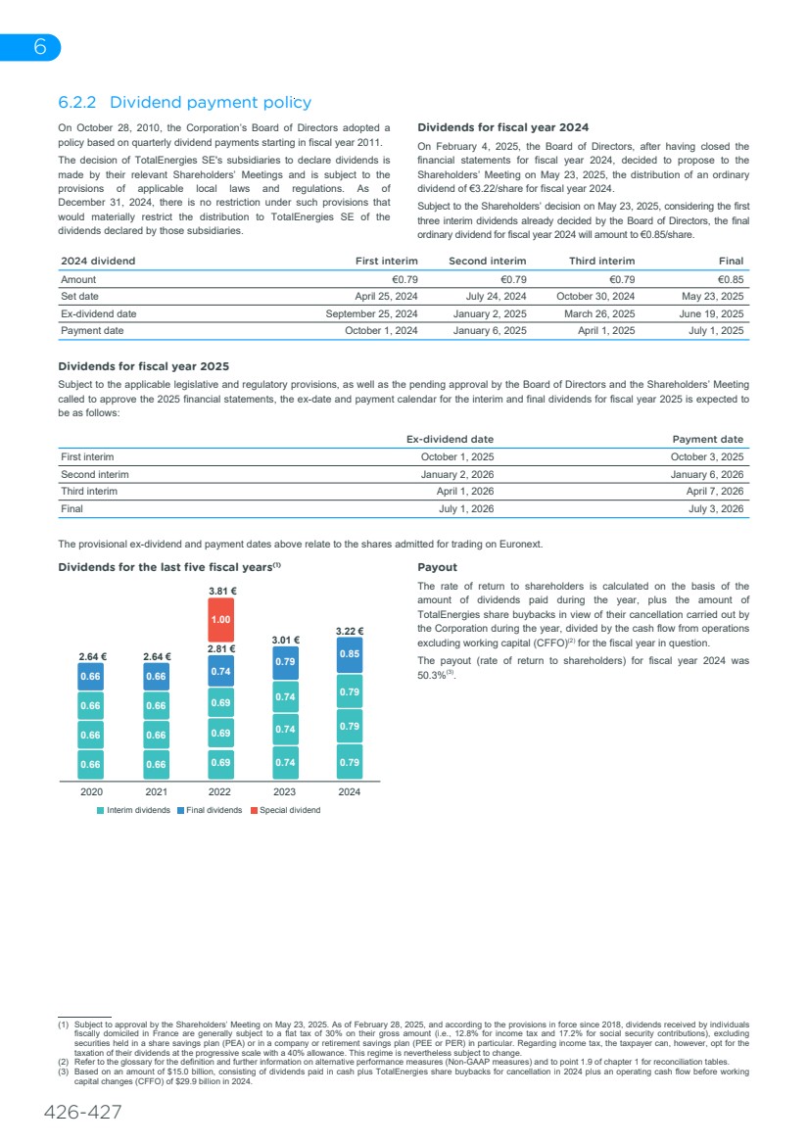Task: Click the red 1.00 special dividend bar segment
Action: [221, 620]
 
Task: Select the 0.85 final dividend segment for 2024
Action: [350, 654]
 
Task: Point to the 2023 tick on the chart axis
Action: [285, 792]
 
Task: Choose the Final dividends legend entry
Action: [209, 810]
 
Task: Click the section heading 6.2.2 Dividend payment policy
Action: [184, 102]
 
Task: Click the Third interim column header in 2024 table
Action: [601, 261]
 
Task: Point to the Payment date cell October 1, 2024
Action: [381, 331]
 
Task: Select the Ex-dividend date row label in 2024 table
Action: [98, 313]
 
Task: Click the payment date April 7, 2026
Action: [715, 492]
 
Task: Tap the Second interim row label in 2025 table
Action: [94, 474]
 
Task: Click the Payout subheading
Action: [437, 567]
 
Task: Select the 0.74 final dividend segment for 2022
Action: [221, 671]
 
